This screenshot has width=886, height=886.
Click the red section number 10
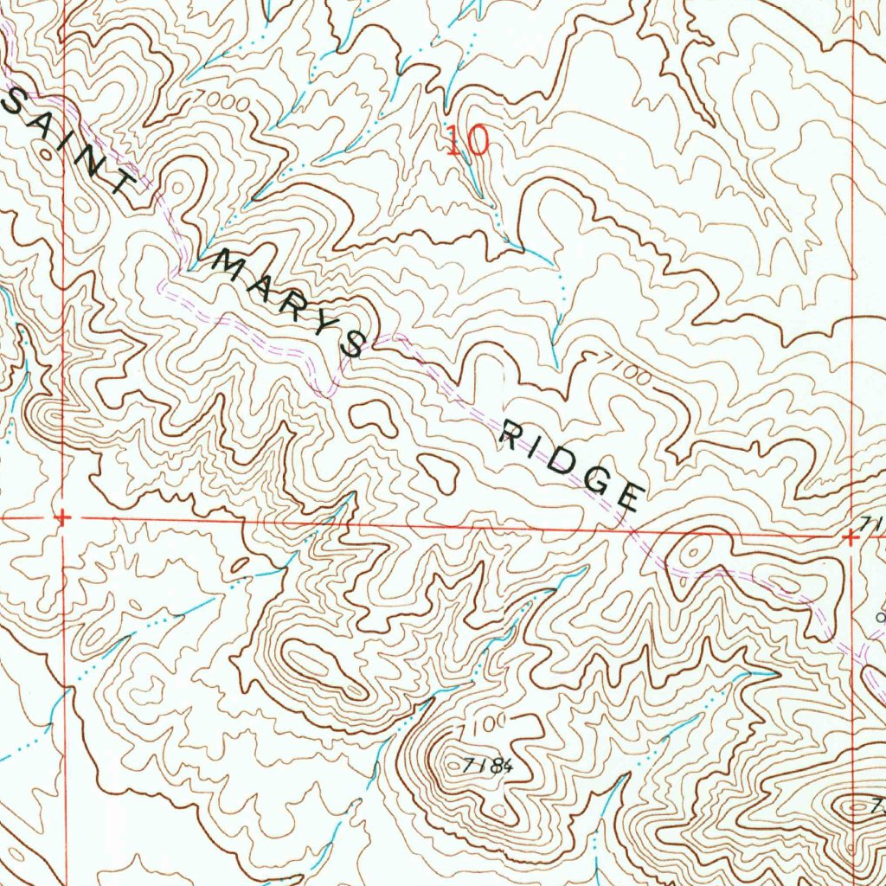click(x=468, y=139)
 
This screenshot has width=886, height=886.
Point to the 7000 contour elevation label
click(x=223, y=103)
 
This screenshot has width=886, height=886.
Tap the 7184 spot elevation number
click(x=488, y=765)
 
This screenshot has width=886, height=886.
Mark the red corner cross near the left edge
click(x=62, y=517)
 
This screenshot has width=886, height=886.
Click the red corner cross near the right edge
click(x=851, y=537)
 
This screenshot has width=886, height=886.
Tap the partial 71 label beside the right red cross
click(x=872, y=524)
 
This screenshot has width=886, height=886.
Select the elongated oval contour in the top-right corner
click(x=766, y=111)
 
